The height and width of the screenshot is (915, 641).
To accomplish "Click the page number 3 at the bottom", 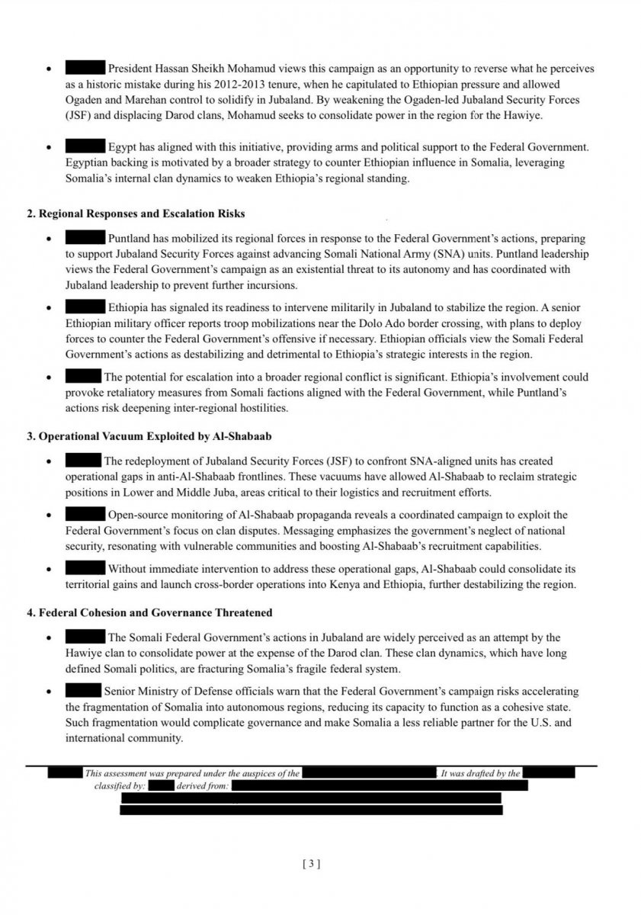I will coord(311,864).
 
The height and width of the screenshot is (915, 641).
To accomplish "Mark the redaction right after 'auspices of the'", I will coord(369,773).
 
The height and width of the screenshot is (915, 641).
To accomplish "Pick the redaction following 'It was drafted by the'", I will coord(549,773).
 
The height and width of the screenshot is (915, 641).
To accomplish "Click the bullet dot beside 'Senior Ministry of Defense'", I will coord(50,692).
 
